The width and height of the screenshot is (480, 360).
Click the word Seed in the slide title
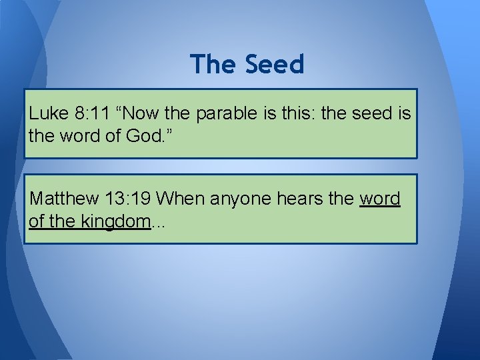tap(275, 65)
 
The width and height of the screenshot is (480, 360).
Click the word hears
tap(303, 199)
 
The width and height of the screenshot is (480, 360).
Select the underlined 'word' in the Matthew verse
tap(380, 199)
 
